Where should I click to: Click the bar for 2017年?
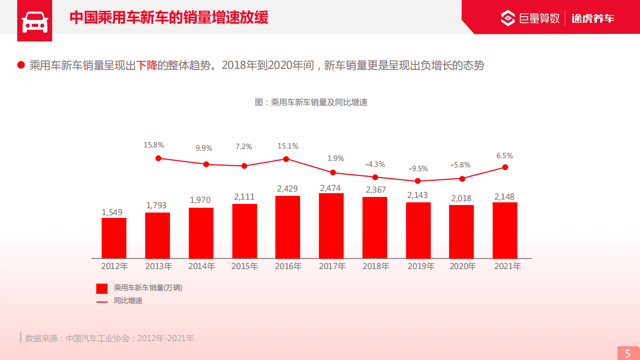pos(331,225)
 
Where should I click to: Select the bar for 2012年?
pos(114,238)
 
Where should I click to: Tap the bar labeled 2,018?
pos(461,231)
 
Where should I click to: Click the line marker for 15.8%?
pos(158,158)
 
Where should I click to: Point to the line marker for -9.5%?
pos(418,181)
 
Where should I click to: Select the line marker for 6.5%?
pos(505,167)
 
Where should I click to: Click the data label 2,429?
pos(287,189)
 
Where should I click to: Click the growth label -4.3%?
pos(375,164)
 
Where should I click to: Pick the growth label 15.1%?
pos(288,146)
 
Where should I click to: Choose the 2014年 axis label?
pos(202,266)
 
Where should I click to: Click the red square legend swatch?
pos(102,288)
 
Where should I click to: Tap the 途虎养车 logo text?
pos(593,19)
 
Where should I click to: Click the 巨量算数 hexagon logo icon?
pos(508,18)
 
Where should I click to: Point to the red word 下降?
pos(146,66)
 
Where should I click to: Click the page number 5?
pos(628,354)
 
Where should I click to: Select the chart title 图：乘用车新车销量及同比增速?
pos(311,102)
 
